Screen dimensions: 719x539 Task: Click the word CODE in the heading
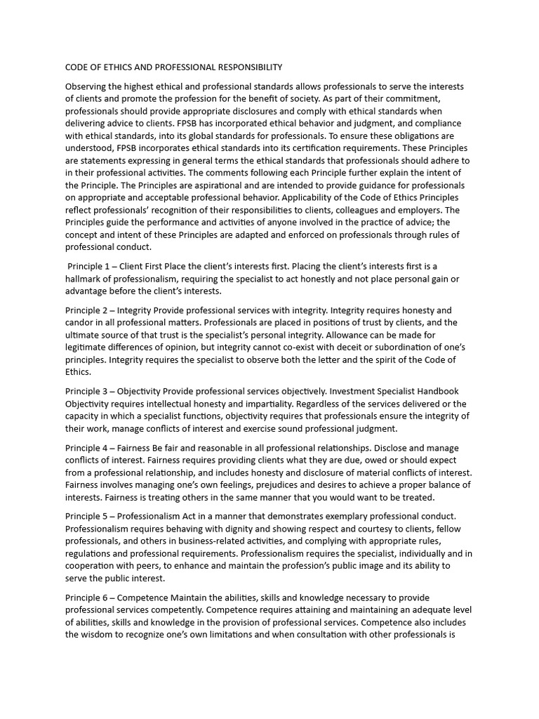tap(78, 67)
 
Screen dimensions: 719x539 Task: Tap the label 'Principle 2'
tap(88, 310)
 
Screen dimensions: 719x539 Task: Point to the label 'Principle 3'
tap(88, 390)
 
